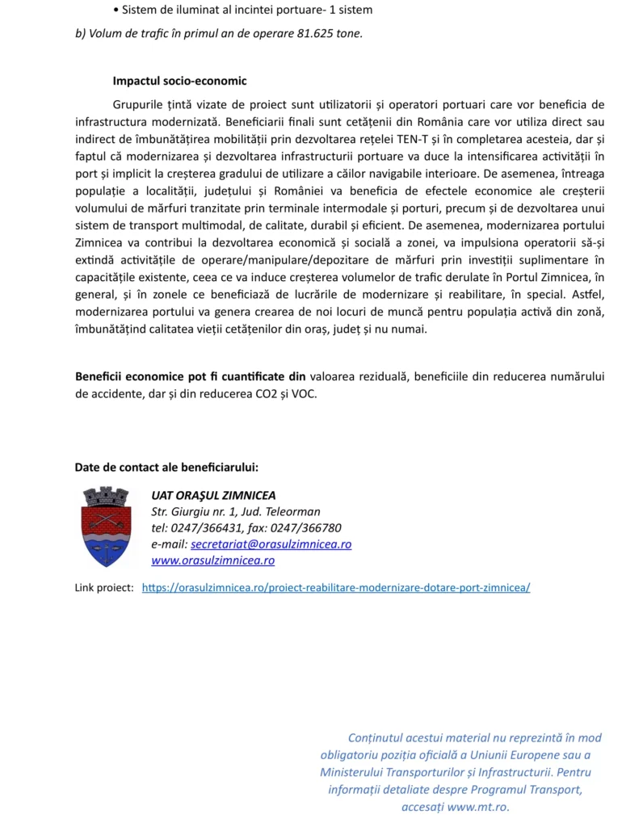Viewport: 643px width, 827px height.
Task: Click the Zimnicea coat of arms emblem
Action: [x=106, y=525]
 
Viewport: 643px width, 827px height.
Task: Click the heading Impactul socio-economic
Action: [x=179, y=82]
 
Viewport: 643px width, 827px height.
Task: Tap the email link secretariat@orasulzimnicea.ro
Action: [x=271, y=544]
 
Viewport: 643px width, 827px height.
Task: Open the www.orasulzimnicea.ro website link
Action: [x=212, y=560]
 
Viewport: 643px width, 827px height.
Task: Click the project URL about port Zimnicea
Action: [x=336, y=588]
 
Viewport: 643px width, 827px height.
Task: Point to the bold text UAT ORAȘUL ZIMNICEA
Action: [x=213, y=495]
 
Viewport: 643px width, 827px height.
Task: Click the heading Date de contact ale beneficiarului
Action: [x=166, y=467]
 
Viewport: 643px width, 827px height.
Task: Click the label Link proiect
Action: [x=104, y=588]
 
